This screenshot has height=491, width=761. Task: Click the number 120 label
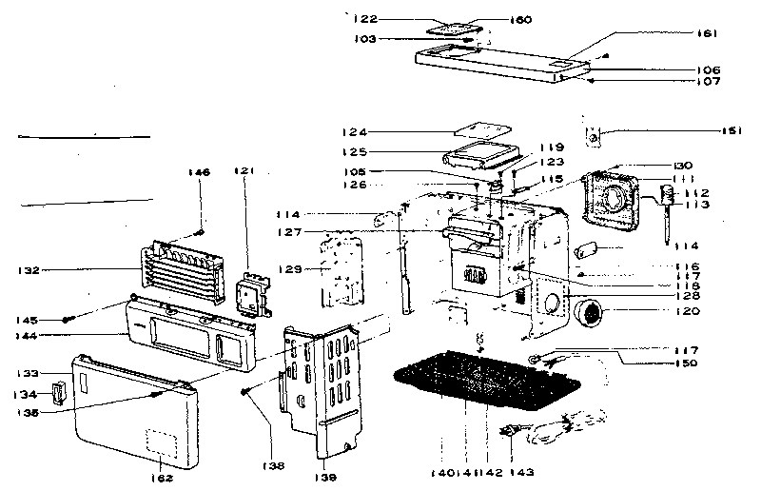688,311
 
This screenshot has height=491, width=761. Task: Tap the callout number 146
198,172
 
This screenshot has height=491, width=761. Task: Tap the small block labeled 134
60,392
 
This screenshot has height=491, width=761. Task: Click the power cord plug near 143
511,435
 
